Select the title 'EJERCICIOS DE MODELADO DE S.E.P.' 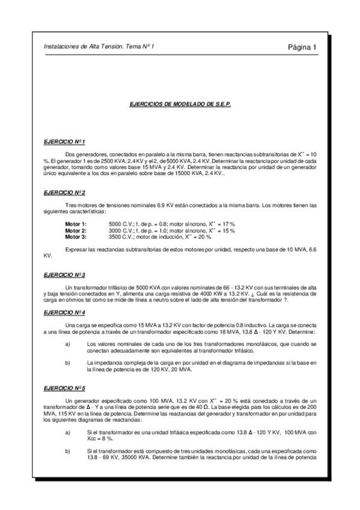[x=180, y=103]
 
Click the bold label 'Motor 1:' [x=76, y=224]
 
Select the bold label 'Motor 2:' [x=76, y=230]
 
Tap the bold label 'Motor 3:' [x=76, y=237]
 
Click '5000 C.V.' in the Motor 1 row [x=112, y=224]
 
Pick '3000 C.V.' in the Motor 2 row [x=112, y=230]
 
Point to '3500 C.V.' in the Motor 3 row [x=112, y=237]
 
